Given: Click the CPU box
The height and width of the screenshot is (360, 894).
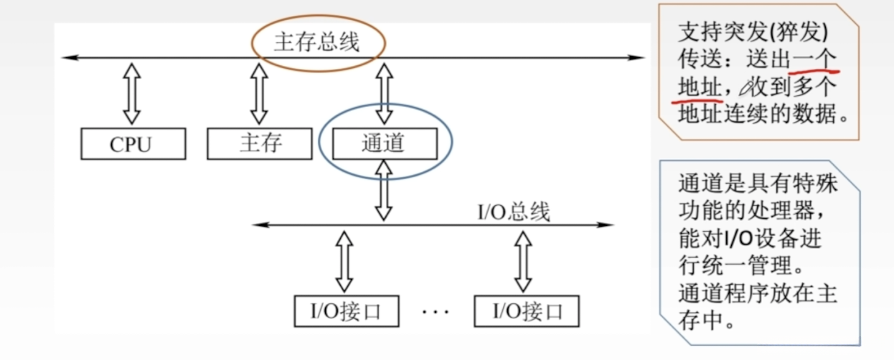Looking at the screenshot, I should point(133,143).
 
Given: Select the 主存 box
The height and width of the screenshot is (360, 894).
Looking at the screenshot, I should point(259,143).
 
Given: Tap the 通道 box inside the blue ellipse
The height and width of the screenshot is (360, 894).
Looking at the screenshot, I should point(384,143).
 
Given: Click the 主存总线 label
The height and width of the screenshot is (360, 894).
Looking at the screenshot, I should point(316,43).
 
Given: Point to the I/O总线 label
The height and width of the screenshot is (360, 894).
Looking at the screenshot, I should point(514,213).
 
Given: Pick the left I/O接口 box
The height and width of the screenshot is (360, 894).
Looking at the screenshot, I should point(344,311).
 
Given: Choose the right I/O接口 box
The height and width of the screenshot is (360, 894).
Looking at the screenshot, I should point(526,311).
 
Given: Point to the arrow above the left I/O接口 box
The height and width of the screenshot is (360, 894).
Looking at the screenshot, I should point(344,260).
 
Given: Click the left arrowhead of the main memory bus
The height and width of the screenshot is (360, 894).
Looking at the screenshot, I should point(67,57).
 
